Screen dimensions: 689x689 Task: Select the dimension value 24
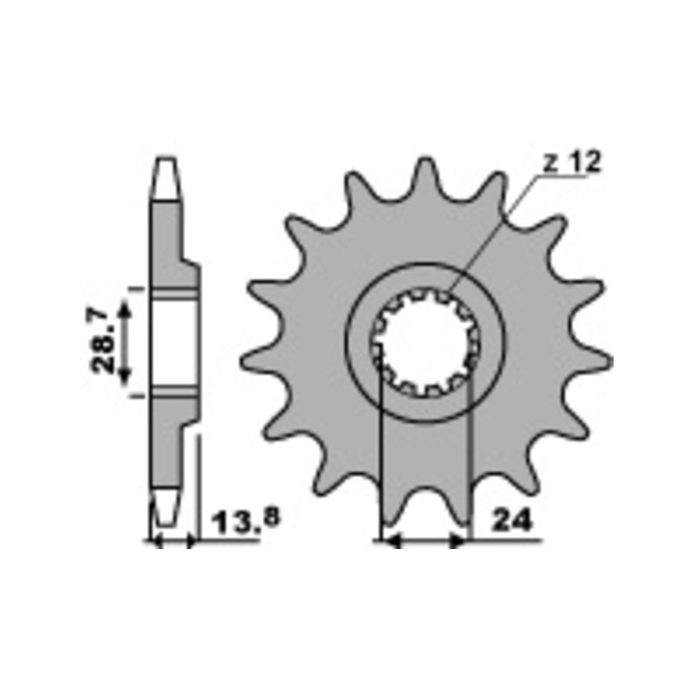[x=511, y=521]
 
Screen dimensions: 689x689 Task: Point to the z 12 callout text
[x=571, y=163]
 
